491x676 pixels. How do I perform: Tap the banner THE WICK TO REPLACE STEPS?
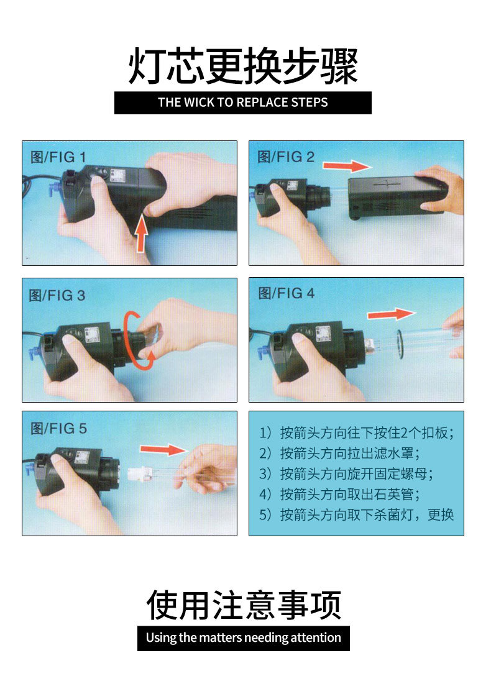pyautogui.click(x=242, y=103)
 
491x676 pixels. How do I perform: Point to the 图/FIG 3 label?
pyautogui.click(x=57, y=295)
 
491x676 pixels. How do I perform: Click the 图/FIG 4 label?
pyautogui.click(x=287, y=293)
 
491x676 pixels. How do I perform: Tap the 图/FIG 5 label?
pyautogui.click(x=58, y=428)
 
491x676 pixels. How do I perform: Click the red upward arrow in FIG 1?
pyautogui.click(x=142, y=234)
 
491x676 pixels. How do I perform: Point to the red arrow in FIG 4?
pyautogui.click(x=390, y=314)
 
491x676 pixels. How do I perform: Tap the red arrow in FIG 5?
pyautogui.click(x=163, y=449)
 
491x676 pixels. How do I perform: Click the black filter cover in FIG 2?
pyautogui.click(x=395, y=196)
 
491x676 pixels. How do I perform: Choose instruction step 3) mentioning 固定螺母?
pyautogui.click(x=346, y=473)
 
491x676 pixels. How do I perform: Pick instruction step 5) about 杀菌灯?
pyautogui.click(x=356, y=514)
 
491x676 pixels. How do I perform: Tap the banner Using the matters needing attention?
pyautogui.click(x=243, y=637)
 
